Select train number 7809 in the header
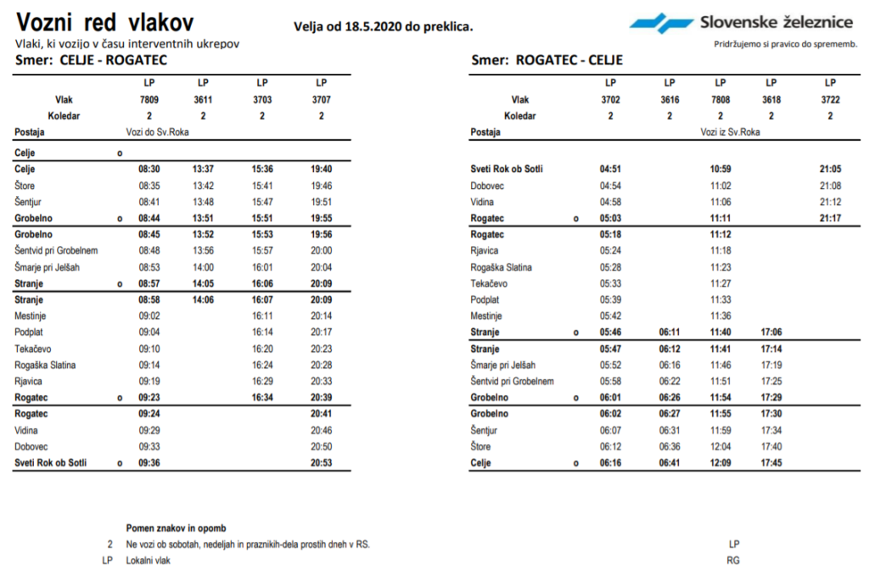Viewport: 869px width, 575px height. pyautogui.click(x=149, y=99)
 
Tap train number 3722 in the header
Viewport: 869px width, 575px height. pyautogui.click(x=830, y=99)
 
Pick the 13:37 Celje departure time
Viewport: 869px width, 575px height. pyautogui.click(x=203, y=169)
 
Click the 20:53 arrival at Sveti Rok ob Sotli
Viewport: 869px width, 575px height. pyautogui.click(x=321, y=463)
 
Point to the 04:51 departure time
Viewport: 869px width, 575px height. pyautogui.click(x=610, y=169)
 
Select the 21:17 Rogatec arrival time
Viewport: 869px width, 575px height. pyautogui.click(x=830, y=218)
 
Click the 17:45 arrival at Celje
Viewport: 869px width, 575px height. pyautogui.click(x=771, y=463)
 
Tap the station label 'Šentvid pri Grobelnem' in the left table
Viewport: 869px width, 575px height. pyautogui.click(x=57, y=250)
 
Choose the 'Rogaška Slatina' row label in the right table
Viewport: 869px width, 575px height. pyautogui.click(x=502, y=267)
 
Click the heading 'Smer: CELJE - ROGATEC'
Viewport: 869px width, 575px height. pyautogui.click(x=91, y=60)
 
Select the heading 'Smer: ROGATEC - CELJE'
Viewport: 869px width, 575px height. pyautogui.click(x=547, y=60)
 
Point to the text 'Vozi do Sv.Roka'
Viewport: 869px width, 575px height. pyautogui.click(x=154, y=132)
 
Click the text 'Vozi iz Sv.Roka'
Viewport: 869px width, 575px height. pyautogui.click(x=730, y=132)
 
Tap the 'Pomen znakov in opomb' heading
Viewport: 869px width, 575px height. pyautogui.click(x=176, y=528)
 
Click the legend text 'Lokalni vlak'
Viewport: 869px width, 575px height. pyautogui.click(x=148, y=561)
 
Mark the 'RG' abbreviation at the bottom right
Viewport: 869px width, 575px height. pyautogui.click(x=734, y=561)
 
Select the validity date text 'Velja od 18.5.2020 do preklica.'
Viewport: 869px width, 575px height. pyautogui.click(x=384, y=26)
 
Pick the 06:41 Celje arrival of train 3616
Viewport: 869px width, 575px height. pyautogui.click(x=670, y=463)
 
